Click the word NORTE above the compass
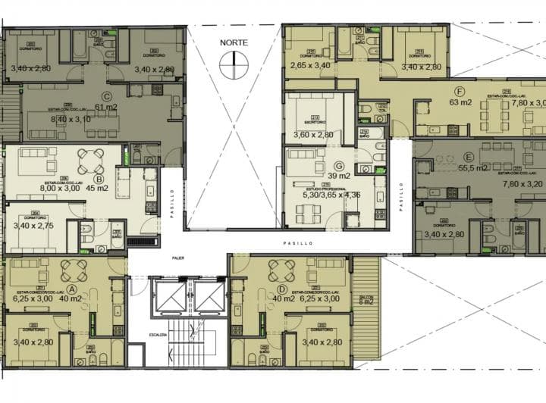234,43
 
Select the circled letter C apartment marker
108,96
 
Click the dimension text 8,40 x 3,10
60,120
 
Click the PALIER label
177,258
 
